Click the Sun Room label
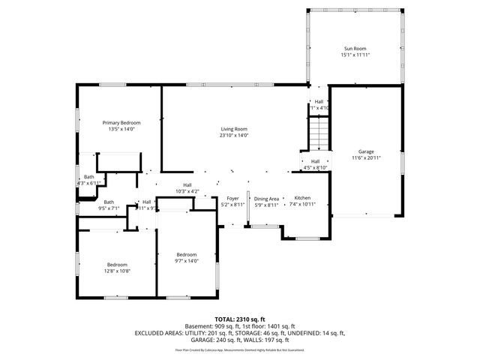[356, 48]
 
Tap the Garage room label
[365, 151]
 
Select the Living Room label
[234, 129]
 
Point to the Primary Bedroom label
[121, 122]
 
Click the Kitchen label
[301, 198]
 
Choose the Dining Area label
[266, 198]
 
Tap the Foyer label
[232, 198]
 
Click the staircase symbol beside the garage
[319, 135]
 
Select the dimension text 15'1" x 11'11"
[356, 55]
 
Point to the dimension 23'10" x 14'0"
[234, 136]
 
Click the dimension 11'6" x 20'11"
[365, 158]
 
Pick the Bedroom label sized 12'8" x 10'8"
[117, 264]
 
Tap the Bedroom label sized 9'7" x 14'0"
[186, 254]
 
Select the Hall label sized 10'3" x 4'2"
[187, 185]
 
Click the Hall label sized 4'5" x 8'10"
[315, 161]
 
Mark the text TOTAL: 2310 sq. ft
[239, 319]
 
